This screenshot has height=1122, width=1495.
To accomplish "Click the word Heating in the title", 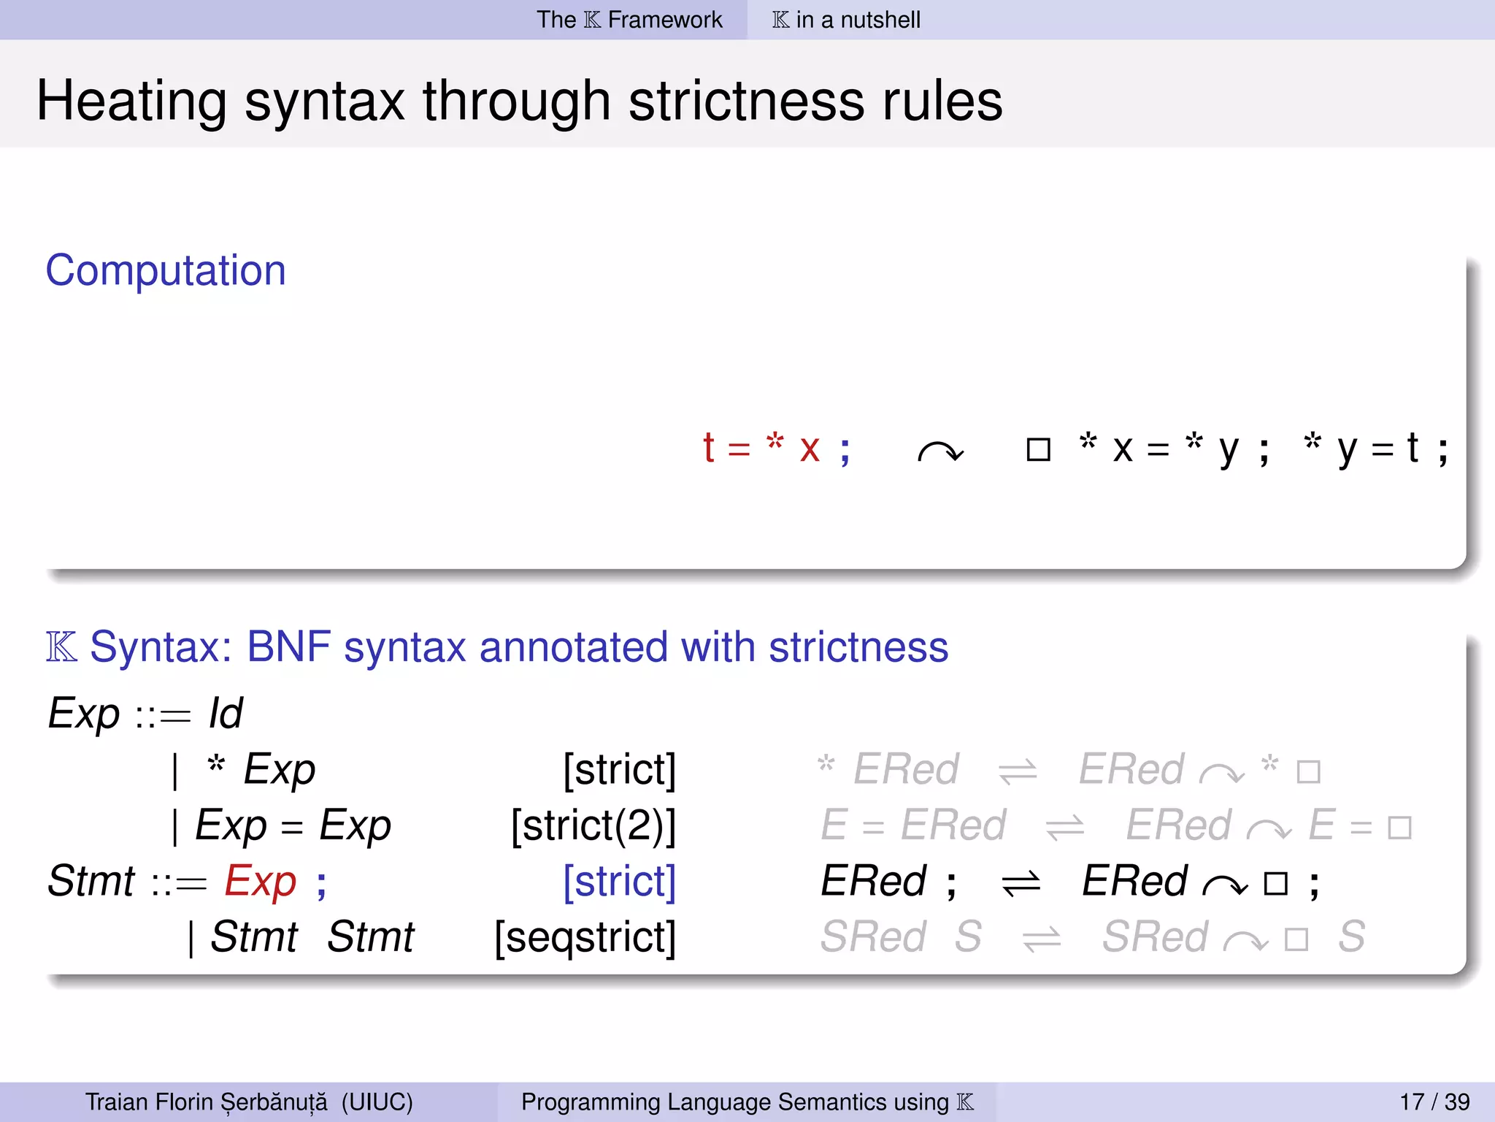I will tap(131, 102).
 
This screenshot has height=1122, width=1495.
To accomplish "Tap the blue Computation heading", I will tap(166, 270).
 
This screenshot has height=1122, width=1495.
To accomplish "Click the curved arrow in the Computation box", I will tap(940, 452).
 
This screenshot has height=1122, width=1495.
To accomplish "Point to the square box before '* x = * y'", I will tap(1038, 449).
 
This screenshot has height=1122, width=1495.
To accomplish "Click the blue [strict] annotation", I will tap(619, 881).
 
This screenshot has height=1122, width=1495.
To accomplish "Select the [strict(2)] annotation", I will tap(593, 825).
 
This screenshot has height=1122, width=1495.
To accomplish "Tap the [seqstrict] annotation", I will tap(585, 937).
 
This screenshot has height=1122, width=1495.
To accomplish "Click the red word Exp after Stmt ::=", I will tap(261, 881).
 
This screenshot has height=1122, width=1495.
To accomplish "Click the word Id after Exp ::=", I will tap(226, 713).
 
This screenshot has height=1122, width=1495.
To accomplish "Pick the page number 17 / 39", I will tap(1434, 1102).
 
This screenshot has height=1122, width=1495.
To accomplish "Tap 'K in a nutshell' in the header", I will tap(846, 20).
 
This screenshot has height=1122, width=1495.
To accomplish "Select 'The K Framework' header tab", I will tap(629, 20).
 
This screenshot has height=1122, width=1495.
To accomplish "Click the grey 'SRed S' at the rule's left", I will tap(900, 937).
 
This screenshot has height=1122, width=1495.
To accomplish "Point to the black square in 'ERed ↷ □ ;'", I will tap(1275, 884).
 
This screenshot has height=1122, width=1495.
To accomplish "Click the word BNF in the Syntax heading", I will tap(288, 647).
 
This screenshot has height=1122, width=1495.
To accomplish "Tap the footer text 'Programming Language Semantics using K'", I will tap(747, 1102).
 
